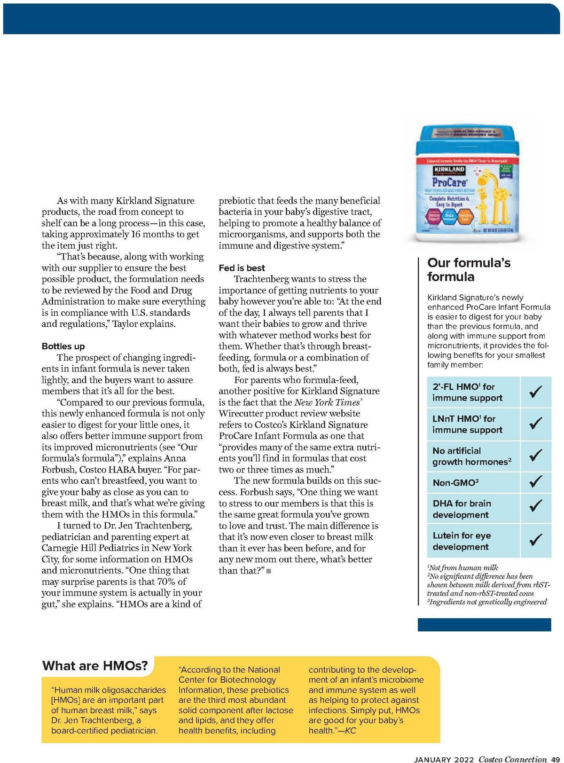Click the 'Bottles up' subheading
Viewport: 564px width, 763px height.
pyautogui.click(x=63, y=346)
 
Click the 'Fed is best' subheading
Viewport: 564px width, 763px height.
pyautogui.click(x=242, y=268)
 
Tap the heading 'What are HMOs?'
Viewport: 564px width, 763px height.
pyautogui.click(x=95, y=666)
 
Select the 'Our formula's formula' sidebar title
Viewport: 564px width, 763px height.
pyautogui.click(x=469, y=269)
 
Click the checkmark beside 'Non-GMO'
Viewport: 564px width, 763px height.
pyautogui.click(x=535, y=481)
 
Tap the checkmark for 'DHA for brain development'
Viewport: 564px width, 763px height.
pyautogui.click(x=535, y=505)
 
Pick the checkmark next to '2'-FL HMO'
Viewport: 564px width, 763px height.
pyautogui.click(x=535, y=392)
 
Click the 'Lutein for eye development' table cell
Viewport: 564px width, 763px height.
pyautogui.click(x=474, y=541)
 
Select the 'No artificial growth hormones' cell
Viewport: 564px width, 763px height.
pyautogui.click(x=474, y=456)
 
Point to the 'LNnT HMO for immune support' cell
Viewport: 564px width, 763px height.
pyautogui.click(x=474, y=424)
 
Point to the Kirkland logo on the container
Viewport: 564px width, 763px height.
pyautogui.click(x=449, y=170)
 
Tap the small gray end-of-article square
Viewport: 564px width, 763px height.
pyautogui.click(x=268, y=571)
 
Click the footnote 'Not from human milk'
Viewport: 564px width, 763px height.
pyautogui.click(x=463, y=567)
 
